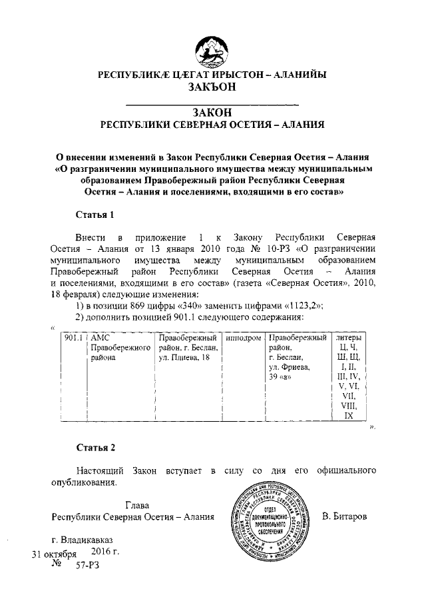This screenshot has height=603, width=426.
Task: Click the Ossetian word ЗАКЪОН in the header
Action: coord(212,88)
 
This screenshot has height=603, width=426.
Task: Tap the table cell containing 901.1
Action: coord(73,338)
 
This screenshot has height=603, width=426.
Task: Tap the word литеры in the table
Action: coord(349,338)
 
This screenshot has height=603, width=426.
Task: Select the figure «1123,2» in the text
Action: coord(301,306)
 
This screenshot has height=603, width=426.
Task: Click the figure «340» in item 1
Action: coord(172,306)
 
